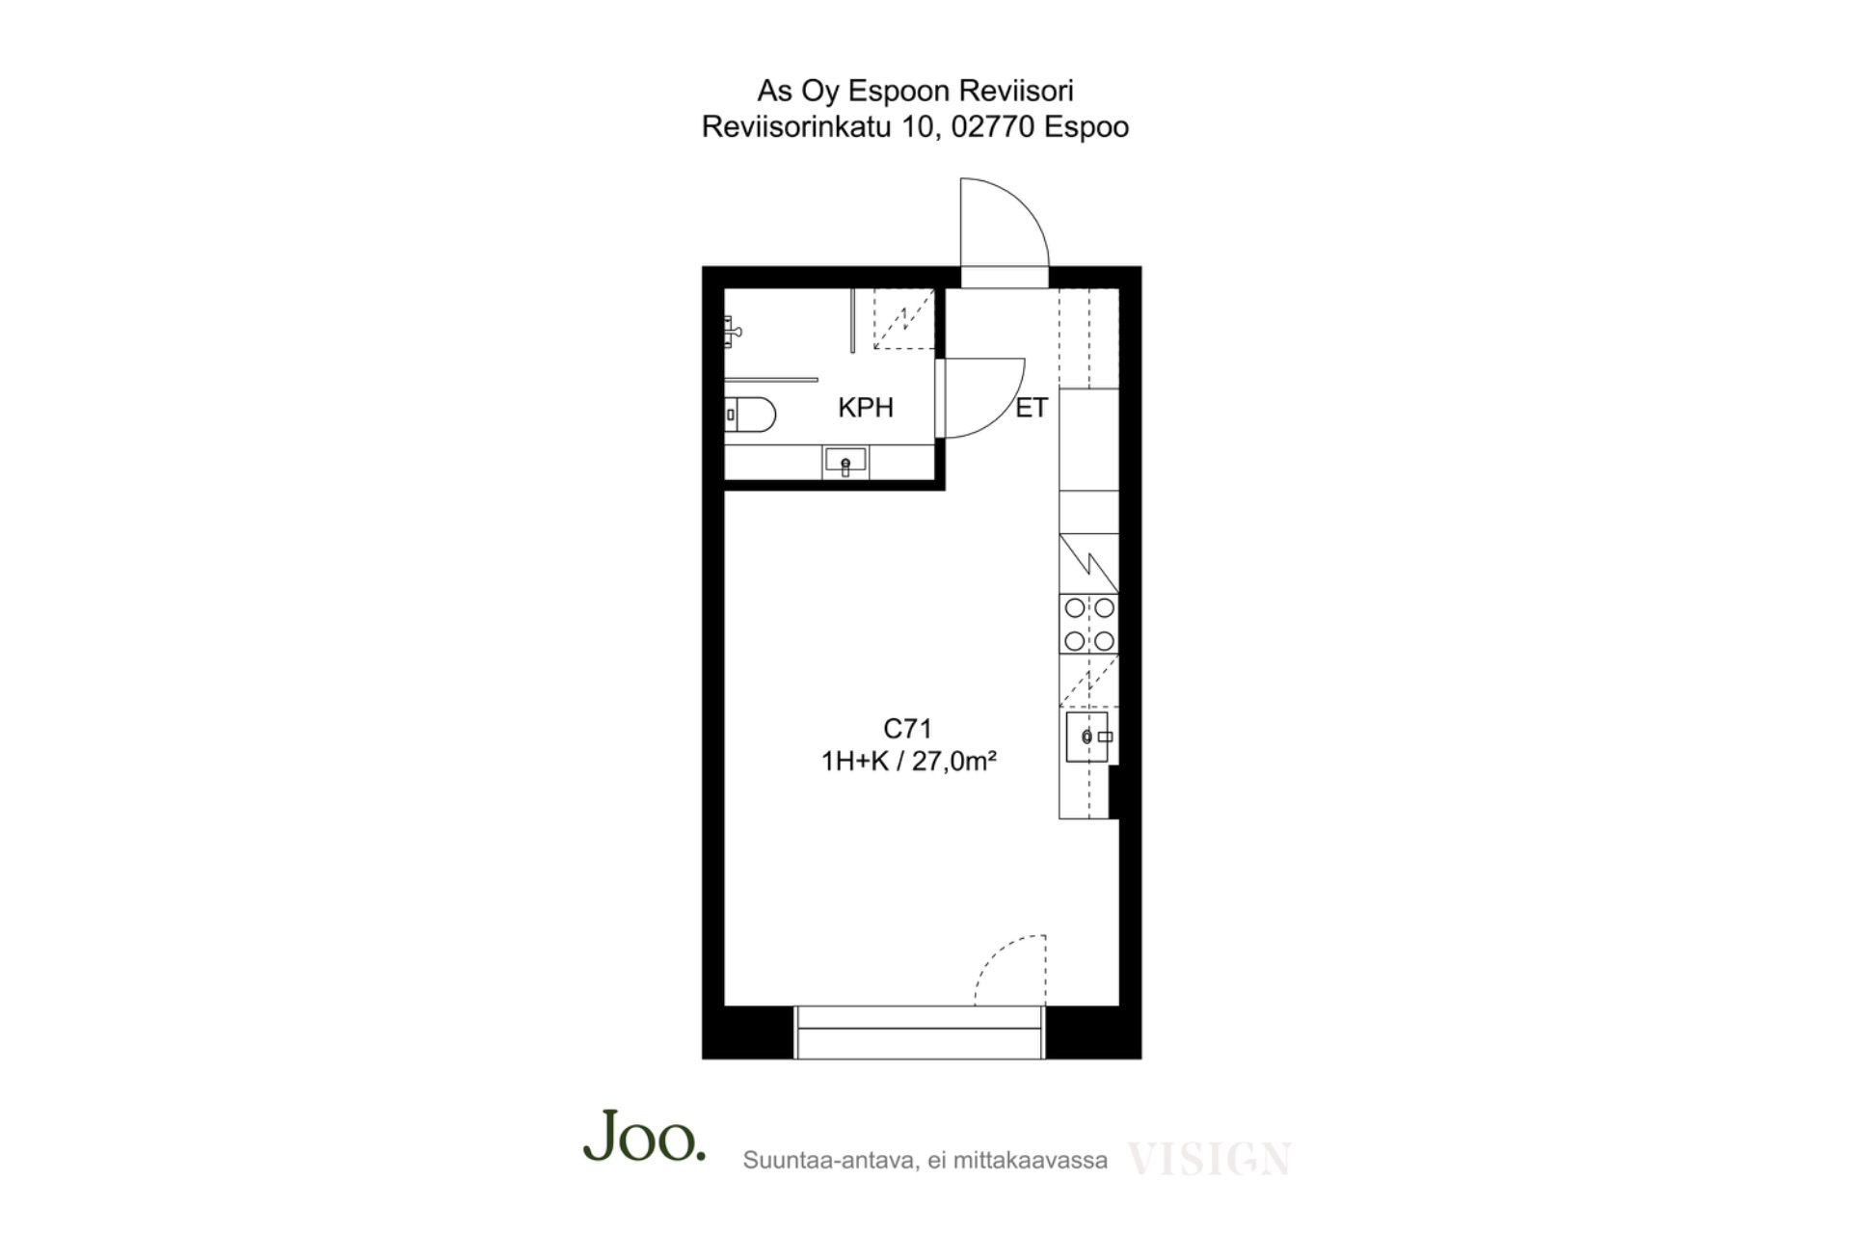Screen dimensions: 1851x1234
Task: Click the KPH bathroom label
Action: click(866, 408)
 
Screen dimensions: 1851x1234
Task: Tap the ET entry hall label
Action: click(1031, 408)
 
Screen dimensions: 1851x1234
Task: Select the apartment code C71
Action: click(907, 729)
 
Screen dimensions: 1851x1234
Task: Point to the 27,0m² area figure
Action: click(954, 762)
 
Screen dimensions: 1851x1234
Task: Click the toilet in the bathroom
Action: click(750, 415)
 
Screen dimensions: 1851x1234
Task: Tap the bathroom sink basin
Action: click(845, 463)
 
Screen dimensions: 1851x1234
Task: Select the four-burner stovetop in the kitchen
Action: click(1089, 624)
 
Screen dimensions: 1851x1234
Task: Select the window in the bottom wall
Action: click(919, 1033)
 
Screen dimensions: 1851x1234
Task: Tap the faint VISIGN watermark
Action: click(1209, 1159)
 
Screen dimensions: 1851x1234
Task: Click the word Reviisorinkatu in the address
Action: click(796, 126)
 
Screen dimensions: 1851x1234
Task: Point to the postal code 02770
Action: click(993, 126)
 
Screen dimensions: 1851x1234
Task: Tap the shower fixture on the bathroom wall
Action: click(733, 332)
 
